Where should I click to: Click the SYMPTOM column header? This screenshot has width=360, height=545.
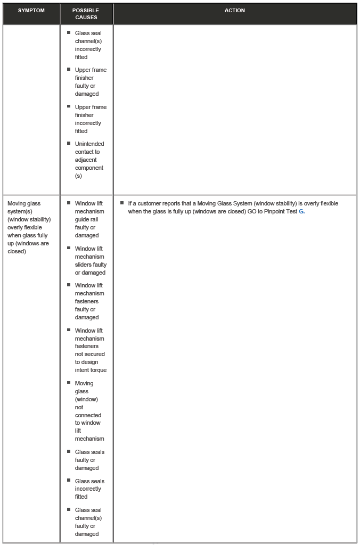31,11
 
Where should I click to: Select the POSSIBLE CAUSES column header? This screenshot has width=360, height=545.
86,14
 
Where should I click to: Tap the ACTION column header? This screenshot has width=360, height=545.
234,11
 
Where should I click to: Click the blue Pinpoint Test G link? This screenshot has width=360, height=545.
301,211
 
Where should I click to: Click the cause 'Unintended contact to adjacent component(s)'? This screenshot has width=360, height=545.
89,160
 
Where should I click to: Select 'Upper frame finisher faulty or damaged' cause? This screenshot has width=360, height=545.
90,81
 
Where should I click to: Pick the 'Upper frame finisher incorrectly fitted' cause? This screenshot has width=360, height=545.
90,119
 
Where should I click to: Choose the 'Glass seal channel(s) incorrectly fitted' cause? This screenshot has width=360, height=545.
88,45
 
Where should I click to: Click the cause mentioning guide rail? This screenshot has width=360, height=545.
89,219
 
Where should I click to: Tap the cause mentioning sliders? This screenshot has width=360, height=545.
90,260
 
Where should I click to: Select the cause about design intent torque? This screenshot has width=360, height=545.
90,350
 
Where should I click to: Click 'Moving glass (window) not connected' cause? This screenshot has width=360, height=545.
88,411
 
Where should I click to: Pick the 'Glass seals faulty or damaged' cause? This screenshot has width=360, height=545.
89,460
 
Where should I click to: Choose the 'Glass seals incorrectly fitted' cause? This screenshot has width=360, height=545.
89,489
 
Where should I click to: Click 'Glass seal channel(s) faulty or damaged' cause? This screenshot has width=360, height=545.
88,522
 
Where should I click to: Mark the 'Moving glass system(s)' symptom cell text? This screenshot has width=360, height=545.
29,227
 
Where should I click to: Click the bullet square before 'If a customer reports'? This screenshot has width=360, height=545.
122,203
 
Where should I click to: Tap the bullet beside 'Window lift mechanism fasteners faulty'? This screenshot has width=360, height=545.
69,285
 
